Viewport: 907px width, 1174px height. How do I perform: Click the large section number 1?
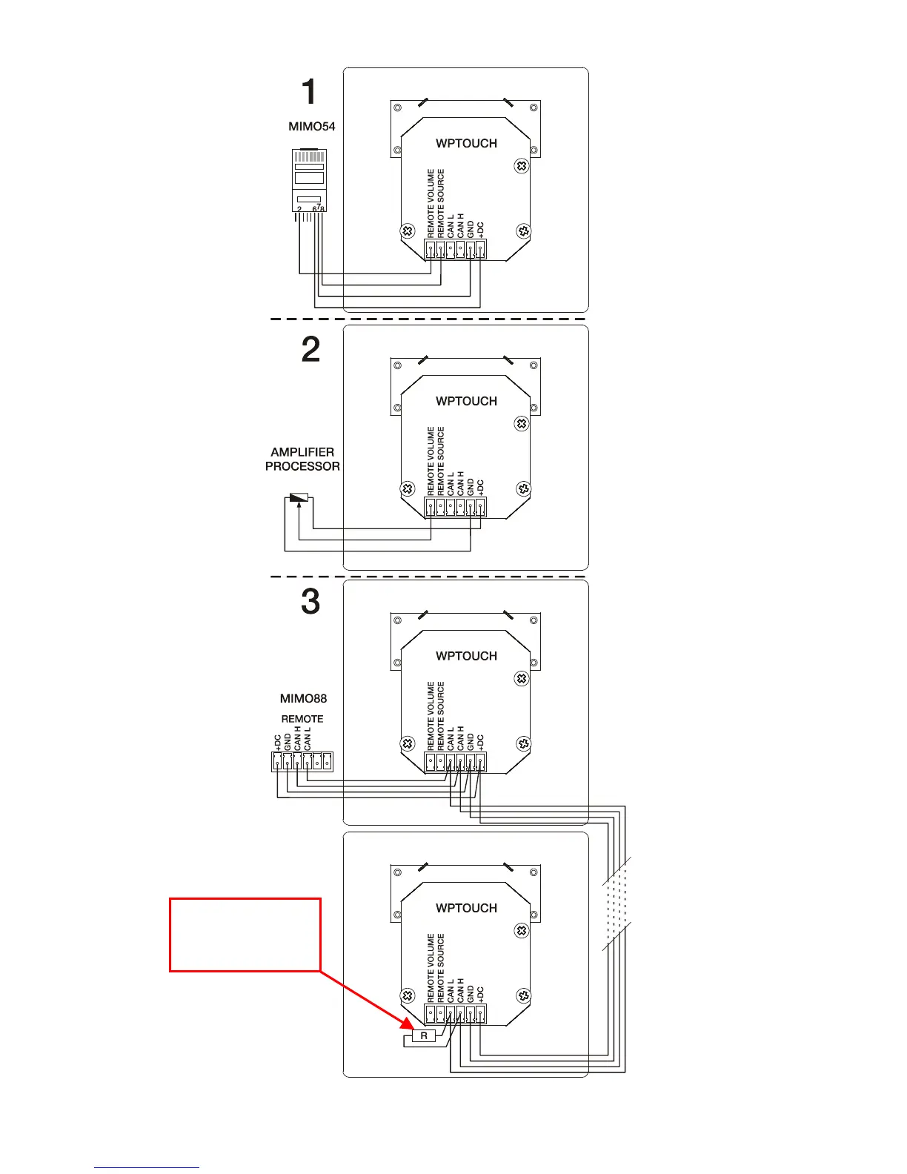tap(309, 93)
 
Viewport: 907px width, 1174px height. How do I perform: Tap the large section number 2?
tap(310, 349)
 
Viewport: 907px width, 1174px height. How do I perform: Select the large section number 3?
tap(310, 601)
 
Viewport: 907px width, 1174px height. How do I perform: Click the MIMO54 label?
tap(311, 127)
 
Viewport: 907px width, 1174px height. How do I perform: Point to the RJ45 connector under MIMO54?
tap(309, 181)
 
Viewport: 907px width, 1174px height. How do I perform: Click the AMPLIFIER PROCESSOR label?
tap(302, 459)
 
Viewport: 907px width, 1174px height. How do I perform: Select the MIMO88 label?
tap(303, 698)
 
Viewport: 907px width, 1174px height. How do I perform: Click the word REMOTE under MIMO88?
tap(302, 719)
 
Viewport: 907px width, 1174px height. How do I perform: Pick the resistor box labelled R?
tap(424, 1035)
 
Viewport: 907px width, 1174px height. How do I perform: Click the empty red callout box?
tap(245, 934)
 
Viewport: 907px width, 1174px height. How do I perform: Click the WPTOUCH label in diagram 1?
tap(466, 143)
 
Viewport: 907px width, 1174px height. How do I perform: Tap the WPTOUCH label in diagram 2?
tap(466, 401)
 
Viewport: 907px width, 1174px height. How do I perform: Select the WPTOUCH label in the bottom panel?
tap(466, 908)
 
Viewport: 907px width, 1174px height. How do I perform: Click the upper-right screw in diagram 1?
tap(522, 166)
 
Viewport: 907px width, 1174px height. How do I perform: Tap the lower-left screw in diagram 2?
tap(407, 489)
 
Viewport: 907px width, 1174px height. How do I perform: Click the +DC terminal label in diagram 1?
tap(479, 230)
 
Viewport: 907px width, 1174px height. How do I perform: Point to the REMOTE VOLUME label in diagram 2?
tap(431, 460)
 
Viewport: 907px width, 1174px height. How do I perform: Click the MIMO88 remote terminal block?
tap(302, 761)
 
